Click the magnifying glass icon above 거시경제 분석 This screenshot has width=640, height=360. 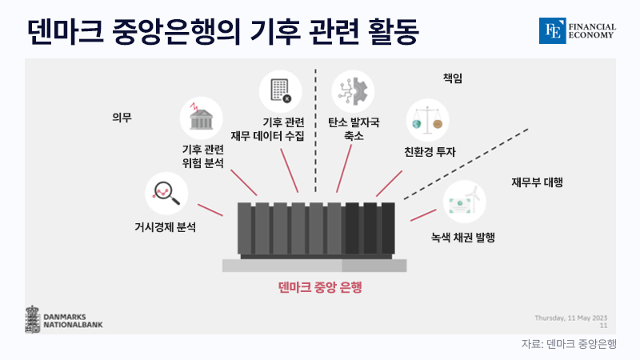click(166, 194)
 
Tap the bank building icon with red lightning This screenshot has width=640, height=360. click(201, 117)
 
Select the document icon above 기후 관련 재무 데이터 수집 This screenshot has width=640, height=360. click(281, 90)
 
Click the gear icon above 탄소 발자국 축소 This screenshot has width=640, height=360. click(353, 91)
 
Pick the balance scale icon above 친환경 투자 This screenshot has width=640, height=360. click(427, 121)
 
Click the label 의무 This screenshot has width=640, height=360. click(122, 118)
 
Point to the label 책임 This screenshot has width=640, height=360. click(453, 78)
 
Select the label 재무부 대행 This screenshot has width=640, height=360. click(537, 182)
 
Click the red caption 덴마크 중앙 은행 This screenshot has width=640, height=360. click(320, 287)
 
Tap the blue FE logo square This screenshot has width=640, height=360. click(552, 30)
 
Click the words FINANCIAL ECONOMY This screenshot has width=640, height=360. click(592, 31)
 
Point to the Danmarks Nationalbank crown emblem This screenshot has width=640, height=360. click(33, 319)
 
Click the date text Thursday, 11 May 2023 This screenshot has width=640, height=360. click(571, 318)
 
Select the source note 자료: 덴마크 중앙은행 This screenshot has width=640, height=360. click(569, 344)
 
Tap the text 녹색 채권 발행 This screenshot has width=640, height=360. click(463, 238)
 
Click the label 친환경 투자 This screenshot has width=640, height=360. click(430, 152)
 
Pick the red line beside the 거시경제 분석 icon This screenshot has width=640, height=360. click(210, 210)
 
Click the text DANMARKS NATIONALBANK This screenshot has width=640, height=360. click(73, 321)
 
